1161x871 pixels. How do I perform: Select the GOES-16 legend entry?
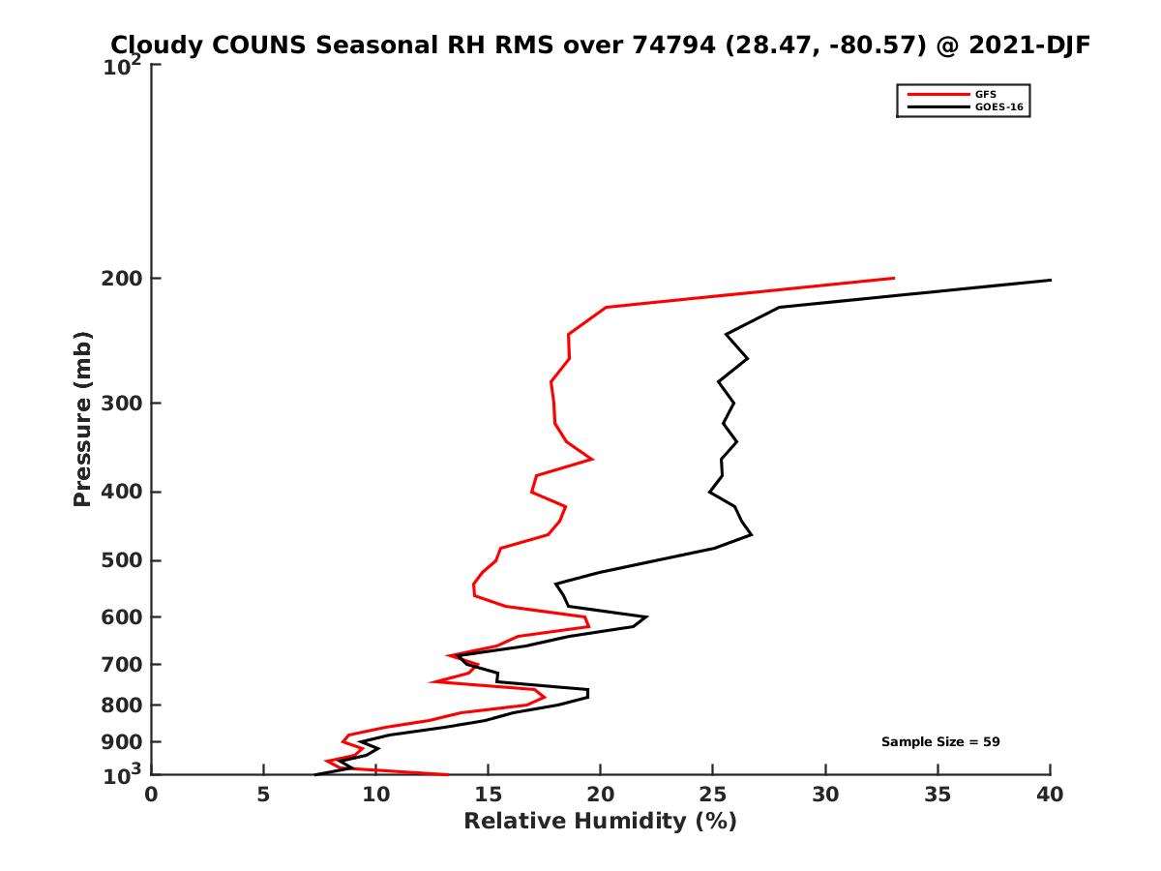[999, 106]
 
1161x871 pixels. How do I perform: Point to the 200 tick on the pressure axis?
[121, 279]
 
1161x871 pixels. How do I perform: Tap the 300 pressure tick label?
[121, 403]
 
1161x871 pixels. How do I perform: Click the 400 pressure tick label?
[121, 492]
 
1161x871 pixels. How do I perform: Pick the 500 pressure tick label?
[121, 560]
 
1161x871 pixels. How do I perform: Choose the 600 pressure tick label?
[121, 616]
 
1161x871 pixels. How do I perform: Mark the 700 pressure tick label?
[121, 664]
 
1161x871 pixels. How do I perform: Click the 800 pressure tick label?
[121, 705]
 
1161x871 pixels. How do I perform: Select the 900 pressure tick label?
[121, 741]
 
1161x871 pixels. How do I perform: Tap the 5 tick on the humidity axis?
[263, 795]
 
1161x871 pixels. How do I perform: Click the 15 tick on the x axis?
[488, 795]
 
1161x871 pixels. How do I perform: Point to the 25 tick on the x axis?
[713, 795]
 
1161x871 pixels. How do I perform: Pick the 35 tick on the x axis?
[938, 795]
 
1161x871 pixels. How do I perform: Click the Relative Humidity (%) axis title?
[600, 822]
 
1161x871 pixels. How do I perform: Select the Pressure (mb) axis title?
[82, 418]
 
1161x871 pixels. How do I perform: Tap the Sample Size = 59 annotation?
[939, 741]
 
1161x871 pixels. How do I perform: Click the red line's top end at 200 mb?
[893, 279]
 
